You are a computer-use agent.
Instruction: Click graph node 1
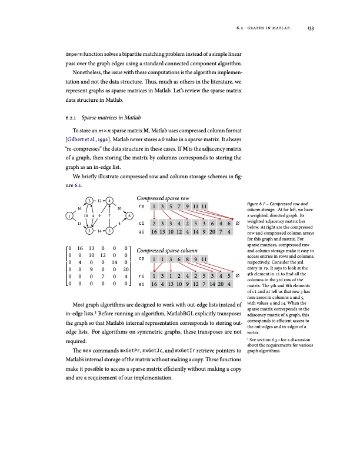70,216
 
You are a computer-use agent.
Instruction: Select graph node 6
129,216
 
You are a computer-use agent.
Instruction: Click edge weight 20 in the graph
119,208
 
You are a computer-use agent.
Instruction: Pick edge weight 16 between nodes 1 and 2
79,208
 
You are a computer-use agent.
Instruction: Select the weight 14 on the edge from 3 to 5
99,231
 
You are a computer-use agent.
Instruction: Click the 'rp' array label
141,207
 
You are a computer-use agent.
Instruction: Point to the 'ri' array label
141,275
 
